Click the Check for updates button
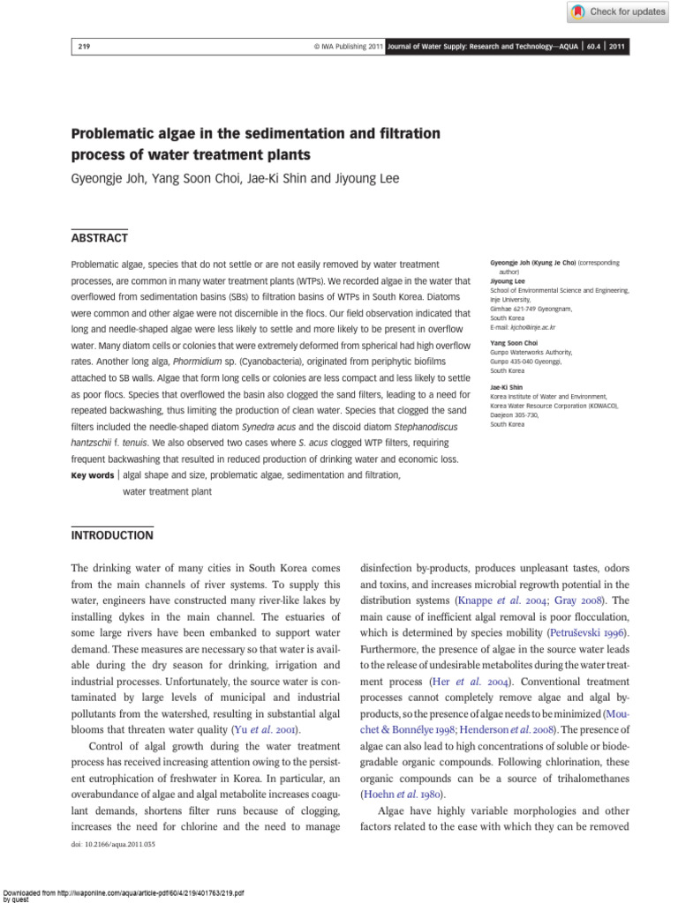pyautogui.click(x=617, y=11)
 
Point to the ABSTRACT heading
pyautogui.click(x=99, y=238)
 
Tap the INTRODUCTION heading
pyautogui.click(x=111, y=535)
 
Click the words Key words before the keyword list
pyautogui.click(x=92, y=475)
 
